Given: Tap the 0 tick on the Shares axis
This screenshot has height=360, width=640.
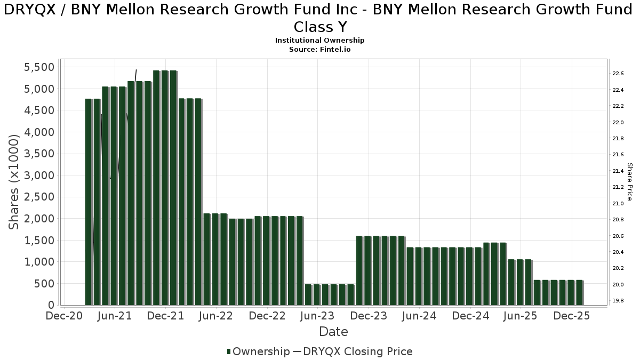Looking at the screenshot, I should click(51, 305).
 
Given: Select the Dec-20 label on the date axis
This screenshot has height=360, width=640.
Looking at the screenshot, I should click(64, 316).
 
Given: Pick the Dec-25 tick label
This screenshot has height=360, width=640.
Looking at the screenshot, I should click(572, 316).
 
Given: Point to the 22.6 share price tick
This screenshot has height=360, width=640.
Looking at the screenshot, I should click(619, 74).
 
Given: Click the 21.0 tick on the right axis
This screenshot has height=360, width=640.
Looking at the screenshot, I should click(619, 203).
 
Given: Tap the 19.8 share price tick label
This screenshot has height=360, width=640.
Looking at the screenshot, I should click(619, 301).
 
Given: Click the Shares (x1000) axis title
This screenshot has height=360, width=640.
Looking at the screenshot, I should click(14, 182).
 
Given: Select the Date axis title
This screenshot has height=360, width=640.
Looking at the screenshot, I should click(333, 332).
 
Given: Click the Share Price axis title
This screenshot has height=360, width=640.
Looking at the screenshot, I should click(629, 182).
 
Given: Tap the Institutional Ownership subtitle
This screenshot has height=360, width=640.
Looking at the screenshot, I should click(320, 41).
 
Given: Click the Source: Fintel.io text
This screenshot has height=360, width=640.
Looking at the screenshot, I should click(320, 49).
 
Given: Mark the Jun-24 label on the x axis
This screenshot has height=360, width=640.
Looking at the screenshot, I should click(419, 316).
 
